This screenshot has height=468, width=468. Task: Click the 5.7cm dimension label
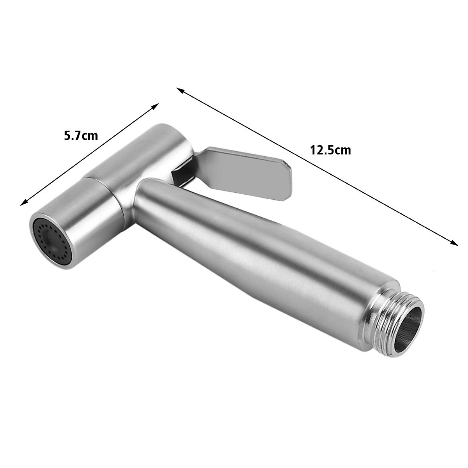tap(81, 136)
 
